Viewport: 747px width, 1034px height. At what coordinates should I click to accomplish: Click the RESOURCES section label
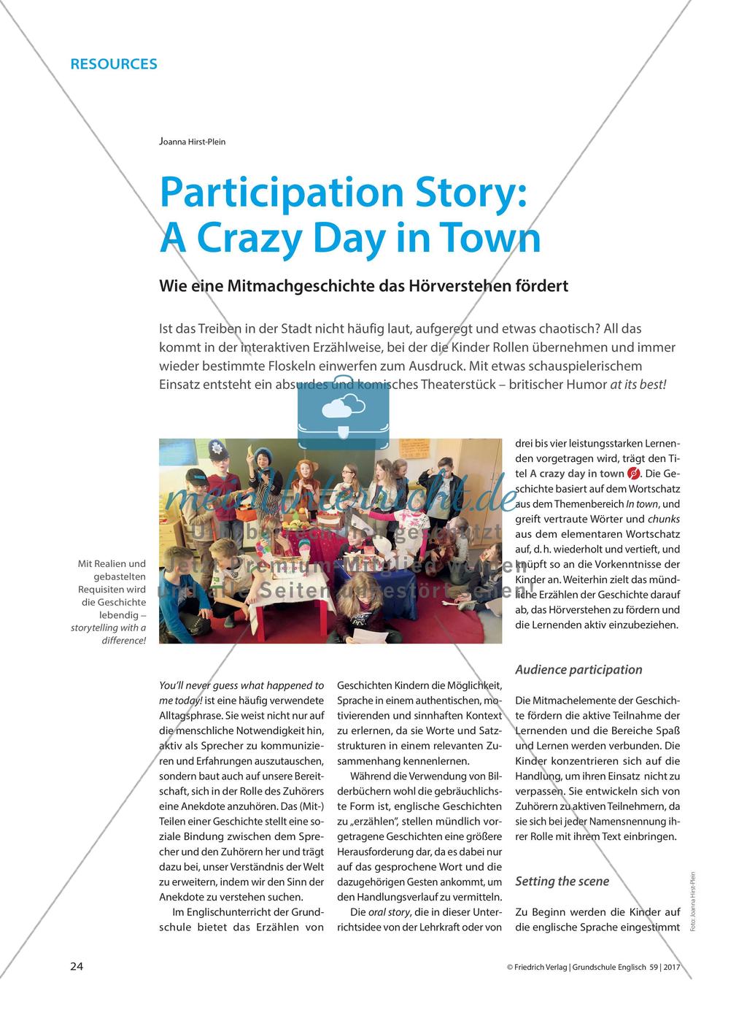pyautogui.click(x=113, y=63)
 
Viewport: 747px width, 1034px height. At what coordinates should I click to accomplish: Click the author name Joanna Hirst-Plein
pyautogui.click(x=192, y=142)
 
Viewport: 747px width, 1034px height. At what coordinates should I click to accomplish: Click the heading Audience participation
pyautogui.click(x=578, y=669)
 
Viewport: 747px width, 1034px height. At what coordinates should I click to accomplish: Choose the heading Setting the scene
pyautogui.click(x=562, y=881)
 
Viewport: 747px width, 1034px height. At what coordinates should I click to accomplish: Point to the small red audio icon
pyautogui.click(x=633, y=474)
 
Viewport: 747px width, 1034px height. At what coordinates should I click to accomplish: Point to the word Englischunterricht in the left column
pyautogui.click(x=241, y=913)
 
